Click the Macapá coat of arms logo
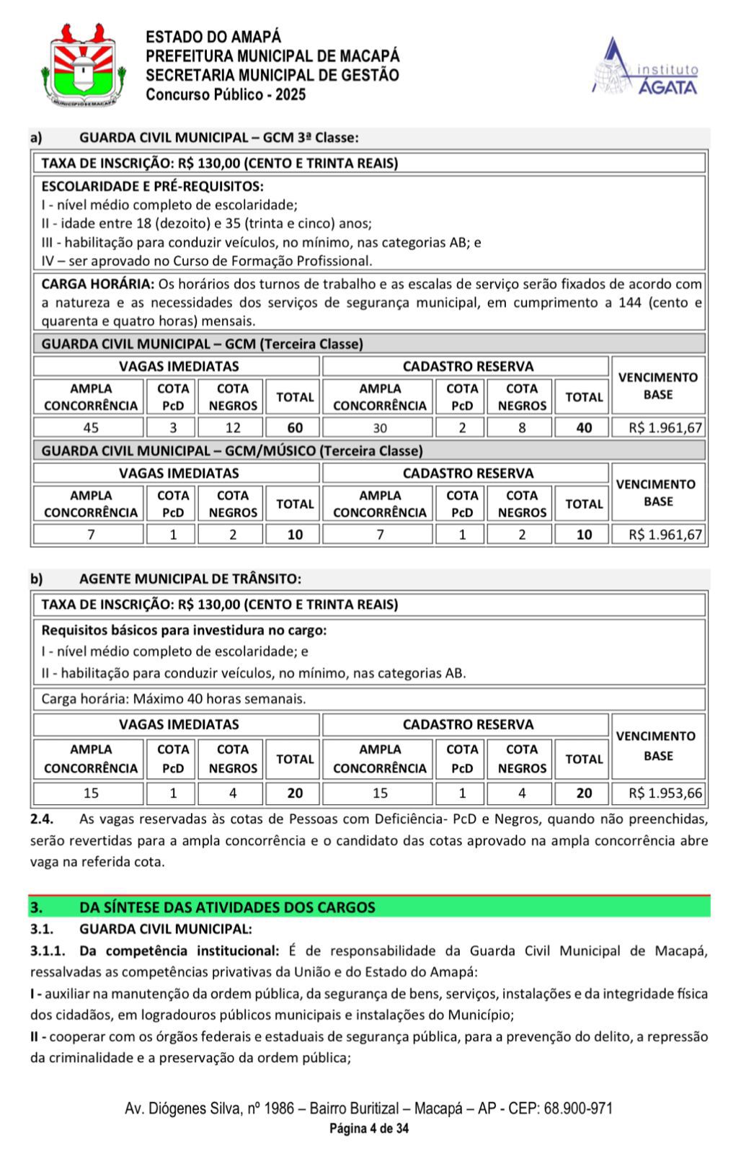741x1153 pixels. click(84, 65)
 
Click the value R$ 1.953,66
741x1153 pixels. click(665, 793)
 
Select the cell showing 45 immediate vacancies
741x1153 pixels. click(91, 427)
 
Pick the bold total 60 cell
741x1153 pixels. click(295, 427)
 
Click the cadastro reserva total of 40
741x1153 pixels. click(584, 427)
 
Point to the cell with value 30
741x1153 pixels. click(380, 427)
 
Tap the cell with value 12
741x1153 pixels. click(233, 427)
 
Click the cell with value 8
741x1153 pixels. click(522, 427)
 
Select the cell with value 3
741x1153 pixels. click(173, 427)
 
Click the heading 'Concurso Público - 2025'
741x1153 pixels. click(226, 94)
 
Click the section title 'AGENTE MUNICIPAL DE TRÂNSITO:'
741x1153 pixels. click(190, 579)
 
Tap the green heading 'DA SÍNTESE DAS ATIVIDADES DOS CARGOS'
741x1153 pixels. click(227, 907)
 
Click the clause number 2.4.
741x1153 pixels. click(42, 819)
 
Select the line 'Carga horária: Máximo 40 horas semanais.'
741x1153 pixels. click(174, 699)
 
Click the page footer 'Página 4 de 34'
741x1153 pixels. click(369, 1128)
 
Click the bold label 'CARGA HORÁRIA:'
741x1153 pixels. click(97, 284)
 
